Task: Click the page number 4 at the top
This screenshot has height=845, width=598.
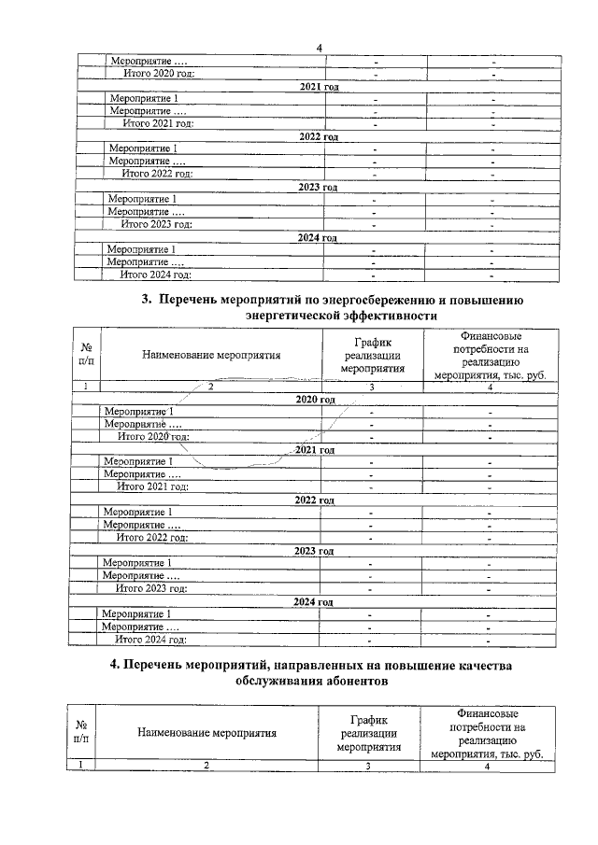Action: (319, 48)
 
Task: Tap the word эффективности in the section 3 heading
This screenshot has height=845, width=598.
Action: (385, 317)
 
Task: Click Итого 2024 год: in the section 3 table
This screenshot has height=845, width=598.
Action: (150, 640)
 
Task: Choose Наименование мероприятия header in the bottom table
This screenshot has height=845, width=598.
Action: (207, 733)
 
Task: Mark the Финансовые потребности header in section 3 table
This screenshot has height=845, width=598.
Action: (485, 355)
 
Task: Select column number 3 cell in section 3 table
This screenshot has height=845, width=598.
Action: (371, 386)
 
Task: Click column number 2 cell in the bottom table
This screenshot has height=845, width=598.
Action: (207, 766)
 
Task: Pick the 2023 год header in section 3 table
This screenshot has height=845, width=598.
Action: (314, 551)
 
